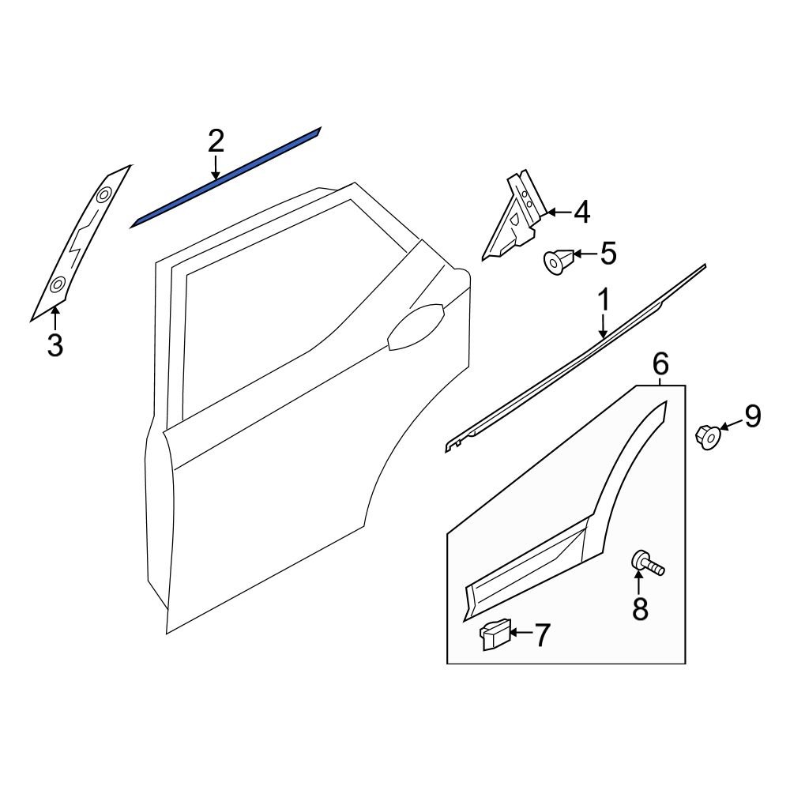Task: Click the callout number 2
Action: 216,141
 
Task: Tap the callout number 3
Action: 55,345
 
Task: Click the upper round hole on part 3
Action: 104,194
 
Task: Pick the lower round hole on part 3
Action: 58,284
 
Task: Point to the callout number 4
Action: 581,212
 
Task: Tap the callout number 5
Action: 608,254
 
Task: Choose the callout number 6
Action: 660,364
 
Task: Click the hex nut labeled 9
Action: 707,434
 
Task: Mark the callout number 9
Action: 752,416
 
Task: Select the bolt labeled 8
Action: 645,564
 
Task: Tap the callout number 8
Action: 639,608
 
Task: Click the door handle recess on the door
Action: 416,326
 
